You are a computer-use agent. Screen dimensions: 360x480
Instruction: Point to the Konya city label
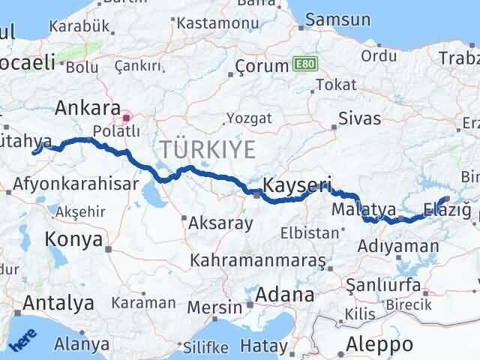tap(73, 239)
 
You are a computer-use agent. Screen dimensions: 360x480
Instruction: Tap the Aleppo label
tap(380, 344)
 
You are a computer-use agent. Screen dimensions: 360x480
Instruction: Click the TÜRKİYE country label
tap(206, 149)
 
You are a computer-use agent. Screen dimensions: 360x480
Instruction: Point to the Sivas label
tap(360, 118)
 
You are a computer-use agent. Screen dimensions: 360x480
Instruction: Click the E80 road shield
tap(303, 64)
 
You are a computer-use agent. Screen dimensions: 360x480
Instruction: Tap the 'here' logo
tap(22, 341)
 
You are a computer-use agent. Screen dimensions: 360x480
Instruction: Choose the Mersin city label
tap(223, 307)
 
